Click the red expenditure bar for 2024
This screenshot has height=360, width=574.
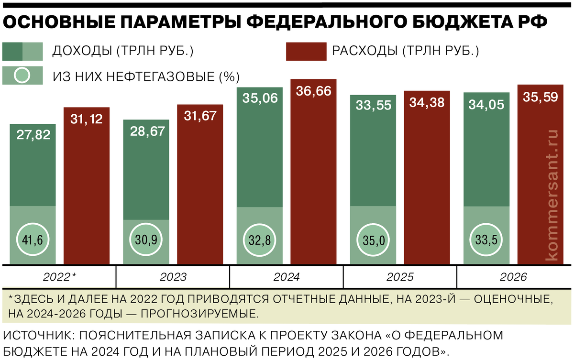click(313, 177)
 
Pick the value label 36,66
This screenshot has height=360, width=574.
click(313, 91)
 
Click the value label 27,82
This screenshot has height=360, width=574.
click(33, 135)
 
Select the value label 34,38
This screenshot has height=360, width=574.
click(427, 102)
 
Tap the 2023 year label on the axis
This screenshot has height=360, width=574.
click(173, 277)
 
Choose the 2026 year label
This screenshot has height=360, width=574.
click(513, 277)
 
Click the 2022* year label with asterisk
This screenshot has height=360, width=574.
click(59, 277)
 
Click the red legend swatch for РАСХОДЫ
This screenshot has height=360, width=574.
click(306, 52)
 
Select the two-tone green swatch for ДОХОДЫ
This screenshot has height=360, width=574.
click(22, 52)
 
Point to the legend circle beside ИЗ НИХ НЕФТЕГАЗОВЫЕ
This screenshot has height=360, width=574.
click(22, 76)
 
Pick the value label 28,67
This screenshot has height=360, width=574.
click(146, 131)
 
